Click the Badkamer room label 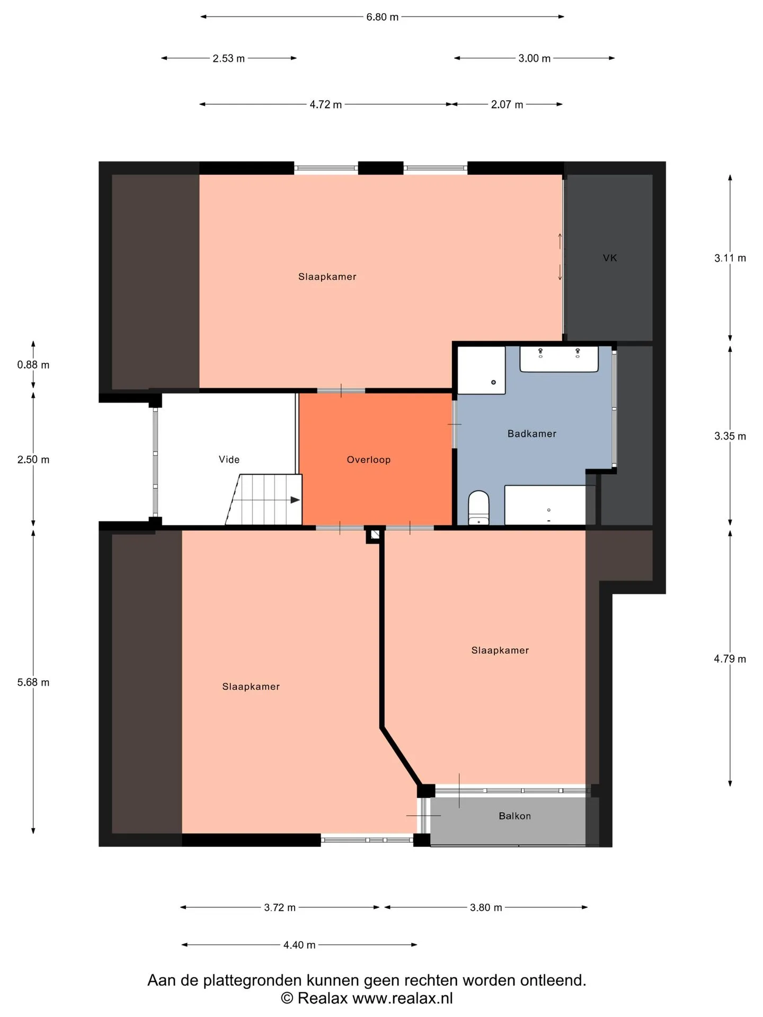pyautogui.click(x=531, y=434)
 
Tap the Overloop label pyautogui.click(x=369, y=460)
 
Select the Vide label pyautogui.click(x=229, y=459)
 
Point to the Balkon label pyautogui.click(x=514, y=816)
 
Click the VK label pyautogui.click(x=610, y=258)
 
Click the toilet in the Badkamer pyautogui.click(x=478, y=507)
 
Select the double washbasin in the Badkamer pyautogui.click(x=559, y=359)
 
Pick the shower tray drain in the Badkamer pyautogui.click(x=493, y=382)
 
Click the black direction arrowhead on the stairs pyautogui.click(x=295, y=499)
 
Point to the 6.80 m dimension pyautogui.click(x=382, y=17)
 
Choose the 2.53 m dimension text pyautogui.click(x=229, y=58)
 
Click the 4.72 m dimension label pyautogui.click(x=326, y=104)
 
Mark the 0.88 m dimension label pyautogui.click(x=33, y=365)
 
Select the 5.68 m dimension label pyautogui.click(x=33, y=682)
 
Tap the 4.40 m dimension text pyautogui.click(x=299, y=945)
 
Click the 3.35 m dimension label pyautogui.click(x=730, y=436)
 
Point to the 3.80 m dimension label pyautogui.click(x=486, y=907)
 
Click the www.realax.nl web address pyautogui.click(x=403, y=998)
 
